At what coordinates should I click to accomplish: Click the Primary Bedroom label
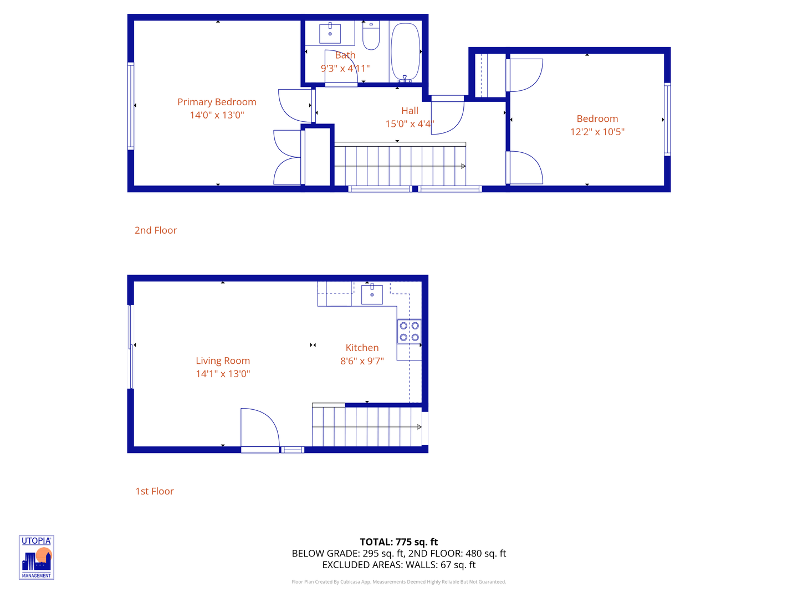[x=217, y=102]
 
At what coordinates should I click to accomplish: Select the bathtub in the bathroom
[x=405, y=52]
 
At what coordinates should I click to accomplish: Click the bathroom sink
[x=330, y=33]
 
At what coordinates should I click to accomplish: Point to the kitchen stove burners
[x=409, y=332]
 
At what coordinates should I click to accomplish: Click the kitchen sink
[x=372, y=294]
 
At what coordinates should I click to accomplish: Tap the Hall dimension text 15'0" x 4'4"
[x=410, y=124]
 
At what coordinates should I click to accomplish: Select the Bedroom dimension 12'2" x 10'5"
[x=597, y=132]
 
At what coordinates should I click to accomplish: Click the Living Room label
[x=223, y=360]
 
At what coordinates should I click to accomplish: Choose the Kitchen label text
[x=362, y=348]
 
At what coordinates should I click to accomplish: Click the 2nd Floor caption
[x=156, y=230]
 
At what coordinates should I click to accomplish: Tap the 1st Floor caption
[x=155, y=491]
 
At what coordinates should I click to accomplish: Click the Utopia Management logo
[x=37, y=557]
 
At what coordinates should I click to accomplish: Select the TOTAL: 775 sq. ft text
[x=398, y=542]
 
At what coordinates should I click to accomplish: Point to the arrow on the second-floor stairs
[x=463, y=166]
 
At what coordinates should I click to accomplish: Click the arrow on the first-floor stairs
[x=419, y=427]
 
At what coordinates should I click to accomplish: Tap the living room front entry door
[x=259, y=430]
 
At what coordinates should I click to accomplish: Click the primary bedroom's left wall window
[x=131, y=106]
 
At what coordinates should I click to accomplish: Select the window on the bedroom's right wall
[x=667, y=119]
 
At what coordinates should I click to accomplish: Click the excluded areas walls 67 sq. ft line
[x=398, y=565]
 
